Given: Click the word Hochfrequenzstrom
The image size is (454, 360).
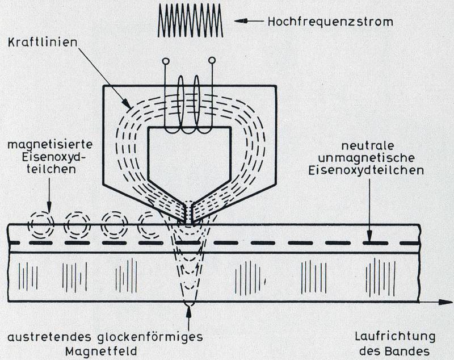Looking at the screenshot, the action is [x=330, y=22].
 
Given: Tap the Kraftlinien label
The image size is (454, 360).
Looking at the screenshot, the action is [x=43, y=43].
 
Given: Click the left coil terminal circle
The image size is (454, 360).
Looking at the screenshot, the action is [x=166, y=61].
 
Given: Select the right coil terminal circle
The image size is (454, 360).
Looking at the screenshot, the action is [x=212, y=60].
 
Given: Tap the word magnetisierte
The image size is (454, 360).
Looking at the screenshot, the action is [x=50, y=145].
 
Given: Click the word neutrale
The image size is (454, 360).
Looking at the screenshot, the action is [x=367, y=146].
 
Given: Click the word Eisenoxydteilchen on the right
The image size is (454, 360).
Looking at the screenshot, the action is [x=366, y=170].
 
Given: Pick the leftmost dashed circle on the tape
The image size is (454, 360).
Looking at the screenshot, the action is [x=42, y=224].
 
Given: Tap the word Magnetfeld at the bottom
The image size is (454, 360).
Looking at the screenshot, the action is [x=101, y=351].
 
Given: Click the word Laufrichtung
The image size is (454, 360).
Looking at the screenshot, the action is [x=395, y=337].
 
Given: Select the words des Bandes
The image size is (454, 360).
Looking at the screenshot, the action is [x=394, y=351].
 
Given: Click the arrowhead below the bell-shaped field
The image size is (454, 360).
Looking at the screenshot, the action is [x=188, y=311].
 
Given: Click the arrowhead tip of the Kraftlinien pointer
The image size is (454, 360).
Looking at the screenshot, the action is [x=129, y=108].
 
